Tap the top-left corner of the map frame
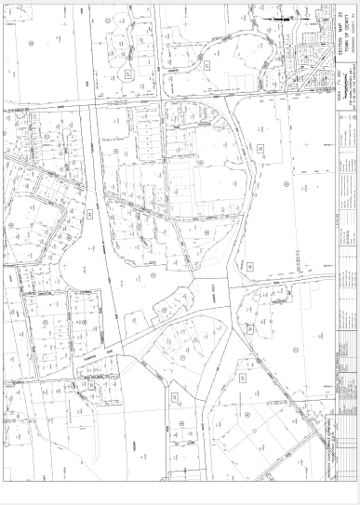tap(4, 5)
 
